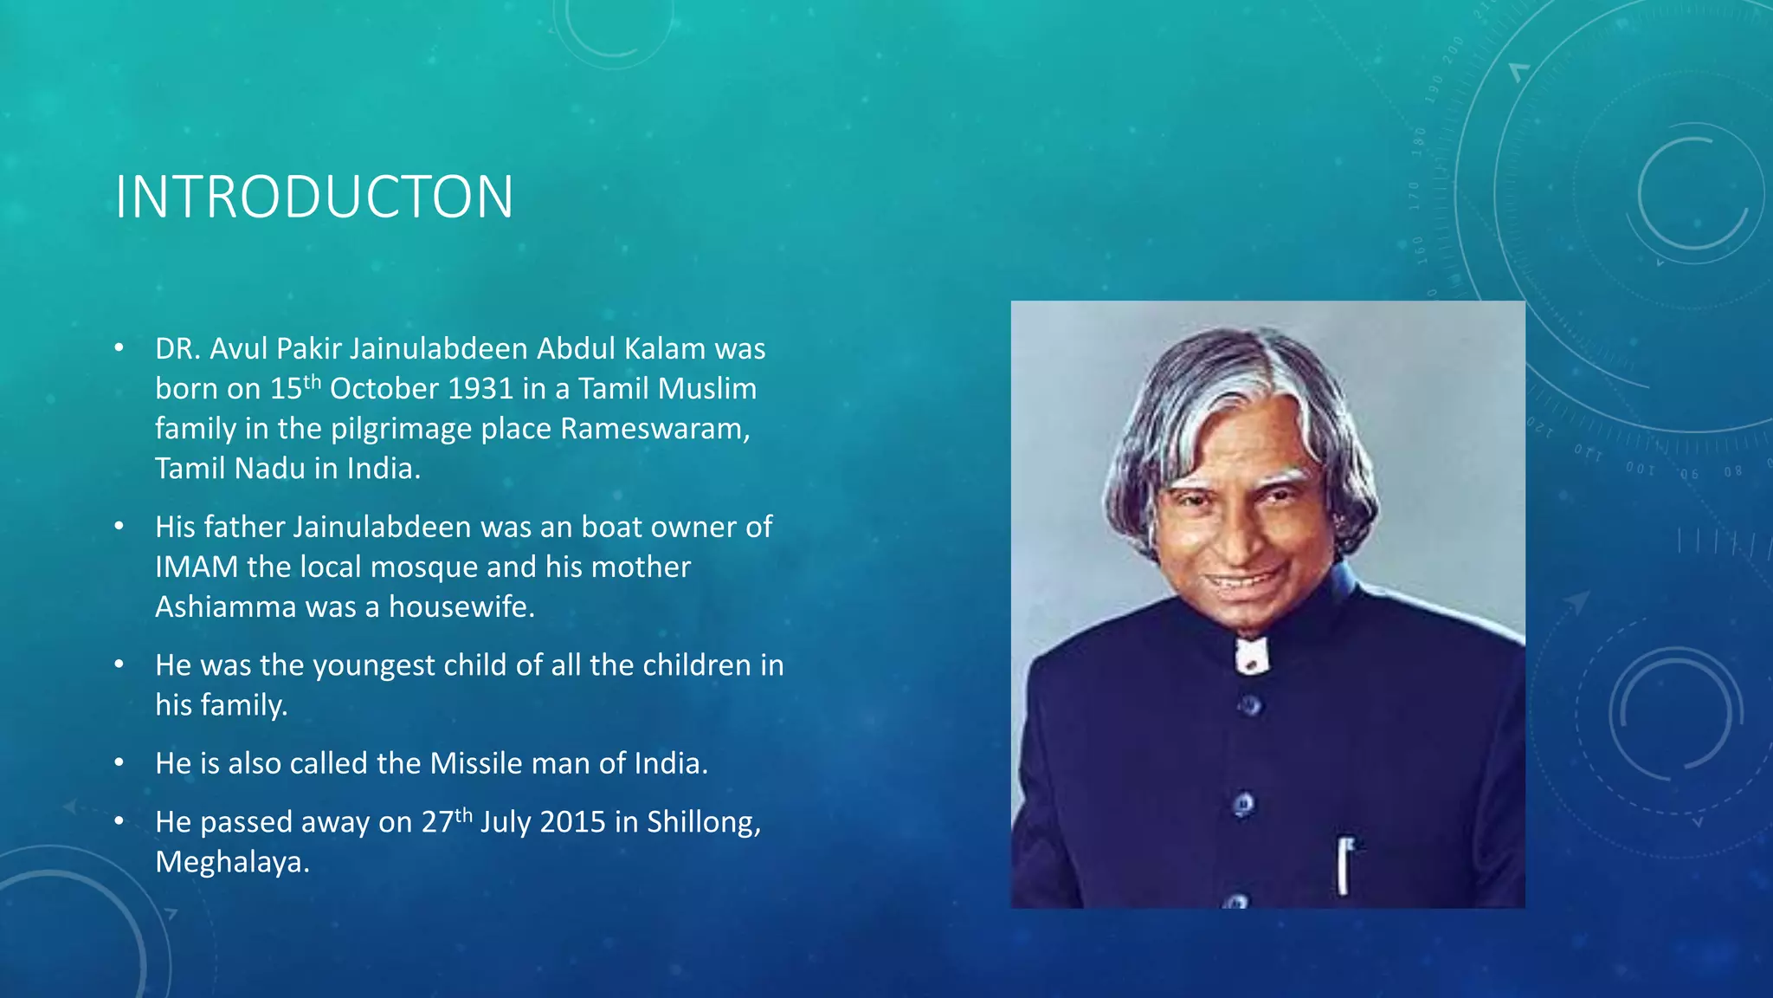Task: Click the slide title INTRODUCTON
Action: click(x=314, y=198)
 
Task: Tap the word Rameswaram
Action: click(x=654, y=429)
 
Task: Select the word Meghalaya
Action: click(x=232, y=863)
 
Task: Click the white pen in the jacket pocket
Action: click(x=1344, y=865)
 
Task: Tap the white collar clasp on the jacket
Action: click(x=1251, y=656)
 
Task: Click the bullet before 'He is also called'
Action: click(x=119, y=763)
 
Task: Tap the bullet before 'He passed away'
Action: click(x=119, y=822)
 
